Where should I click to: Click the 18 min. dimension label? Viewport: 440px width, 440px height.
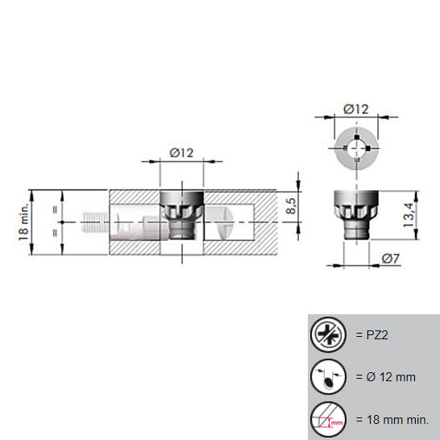pos(24,222)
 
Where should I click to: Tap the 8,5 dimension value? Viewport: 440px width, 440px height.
pos(291,206)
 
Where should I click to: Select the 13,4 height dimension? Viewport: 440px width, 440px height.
pos(409,215)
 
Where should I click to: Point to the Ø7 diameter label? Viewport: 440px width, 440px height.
pos(391,259)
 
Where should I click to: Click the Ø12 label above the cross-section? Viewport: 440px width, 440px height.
pos(181,153)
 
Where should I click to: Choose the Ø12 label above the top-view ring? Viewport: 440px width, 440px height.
pos(356,109)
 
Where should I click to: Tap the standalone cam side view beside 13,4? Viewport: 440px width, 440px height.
pos(356,215)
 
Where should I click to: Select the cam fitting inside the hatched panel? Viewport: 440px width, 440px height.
pos(182,215)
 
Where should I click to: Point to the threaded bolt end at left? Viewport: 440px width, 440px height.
pos(95,222)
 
